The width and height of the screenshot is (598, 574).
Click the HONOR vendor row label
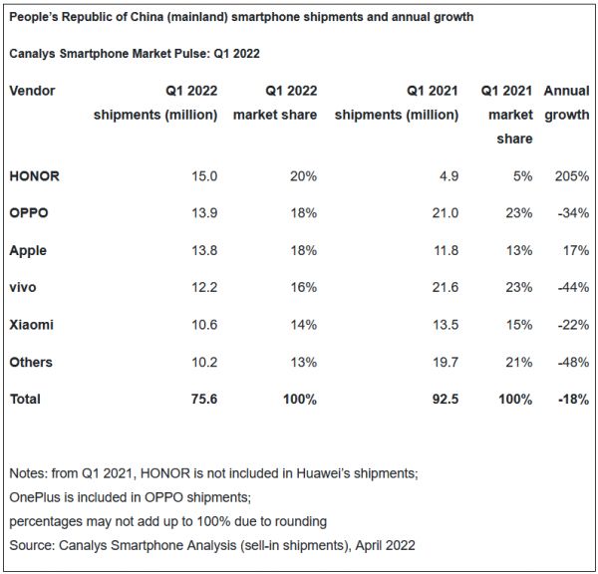(x=34, y=176)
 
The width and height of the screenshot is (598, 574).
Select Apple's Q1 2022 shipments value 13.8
(x=203, y=251)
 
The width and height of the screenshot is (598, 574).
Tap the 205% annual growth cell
(x=568, y=176)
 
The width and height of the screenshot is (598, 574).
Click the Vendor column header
(x=32, y=91)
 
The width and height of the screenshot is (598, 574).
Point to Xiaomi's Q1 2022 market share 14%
(x=301, y=325)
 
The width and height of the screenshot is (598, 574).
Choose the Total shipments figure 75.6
(x=203, y=400)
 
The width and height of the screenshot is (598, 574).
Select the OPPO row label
(x=28, y=213)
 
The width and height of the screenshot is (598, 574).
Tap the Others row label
(x=31, y=363)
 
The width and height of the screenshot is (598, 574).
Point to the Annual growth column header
(x=566, y=103)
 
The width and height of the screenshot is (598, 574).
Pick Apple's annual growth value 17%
(x=574, y=251)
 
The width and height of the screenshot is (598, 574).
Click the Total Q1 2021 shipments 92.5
(x=443, y=400)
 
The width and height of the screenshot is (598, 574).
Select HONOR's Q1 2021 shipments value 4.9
(x=448, y=176)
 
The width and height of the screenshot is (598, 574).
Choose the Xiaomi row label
(x=31, y=325)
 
